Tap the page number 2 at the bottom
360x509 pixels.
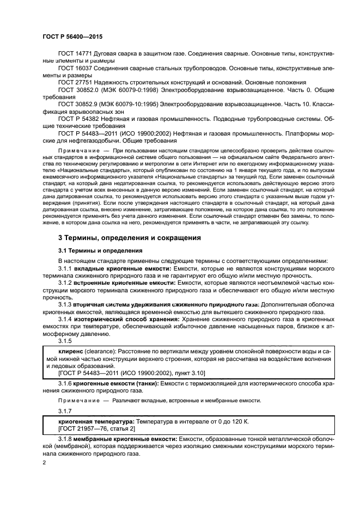tap(44, 462)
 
